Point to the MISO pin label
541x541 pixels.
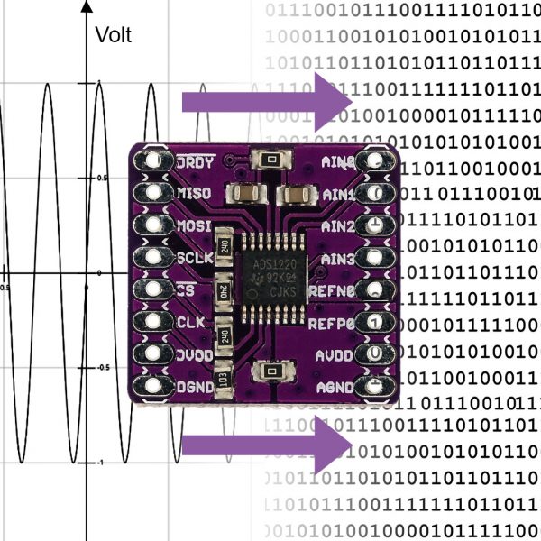point(195,194)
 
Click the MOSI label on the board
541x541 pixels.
point(195,225)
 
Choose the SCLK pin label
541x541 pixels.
point(195,259)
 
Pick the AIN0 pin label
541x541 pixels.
point(338,162)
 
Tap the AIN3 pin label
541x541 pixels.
point(338,259)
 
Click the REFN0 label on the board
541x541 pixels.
point(333,290)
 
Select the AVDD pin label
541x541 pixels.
point(336,354)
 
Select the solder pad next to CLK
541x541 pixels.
point(151,322)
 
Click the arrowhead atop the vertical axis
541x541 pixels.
point(86,6)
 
